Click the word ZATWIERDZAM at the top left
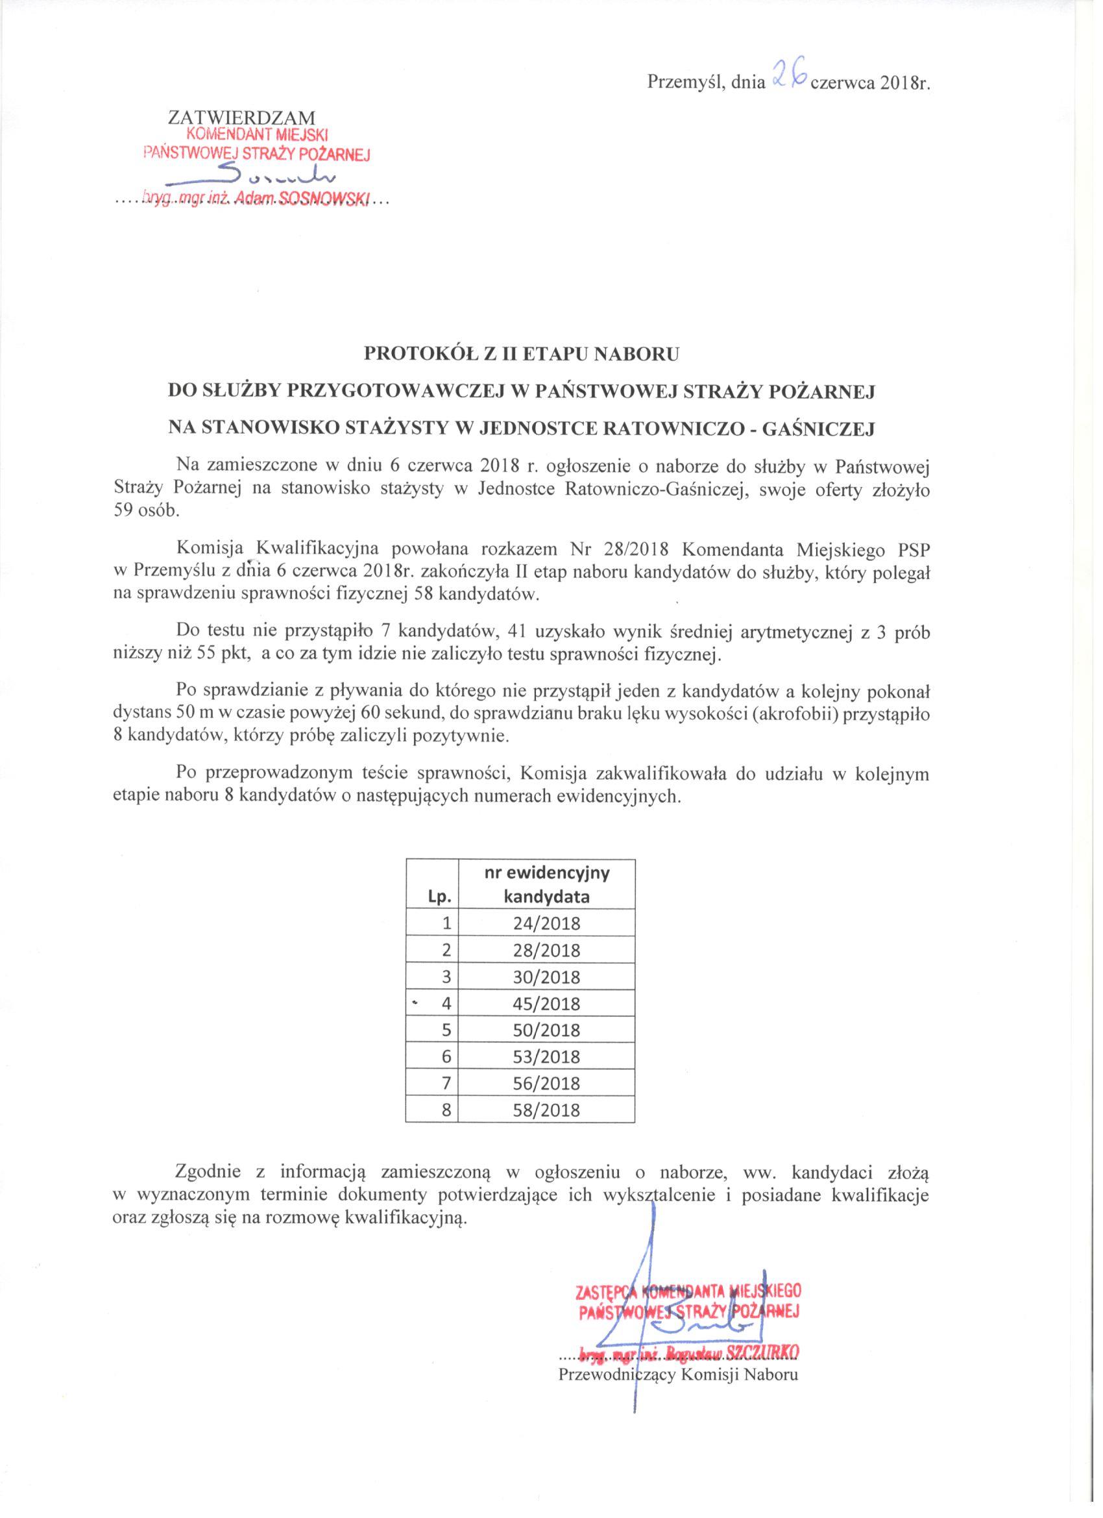coord(241,118)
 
